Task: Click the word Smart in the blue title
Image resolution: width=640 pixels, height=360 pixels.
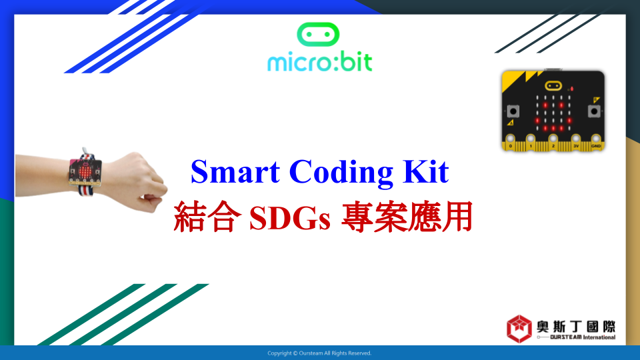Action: pyautogui.click(x=235, y=172)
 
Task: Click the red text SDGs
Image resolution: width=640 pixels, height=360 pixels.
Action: pyautogui.click(x=289, y=217)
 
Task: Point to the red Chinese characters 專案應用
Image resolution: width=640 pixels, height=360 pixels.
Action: pyautogui.click(x=407, y=217)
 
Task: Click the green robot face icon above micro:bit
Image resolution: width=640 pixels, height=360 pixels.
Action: pyautogui.click(x=318, y=34)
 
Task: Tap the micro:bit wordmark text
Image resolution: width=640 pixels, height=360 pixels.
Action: pyautogui.click(x=319, y=63)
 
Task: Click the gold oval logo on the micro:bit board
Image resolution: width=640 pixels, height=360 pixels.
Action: pyautogui.click(x=553, y=86)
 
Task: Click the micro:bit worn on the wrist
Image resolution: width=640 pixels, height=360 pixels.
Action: pyautogui.click(x=85, y=172)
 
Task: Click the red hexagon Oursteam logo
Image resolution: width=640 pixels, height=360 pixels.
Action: pyautogui.click(x=519, y=329)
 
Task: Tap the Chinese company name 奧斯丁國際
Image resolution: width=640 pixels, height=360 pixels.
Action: pyautogui.click(x=576, y=327)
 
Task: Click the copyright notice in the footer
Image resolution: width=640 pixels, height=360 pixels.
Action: pyautogui.click(x=319, y=353)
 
